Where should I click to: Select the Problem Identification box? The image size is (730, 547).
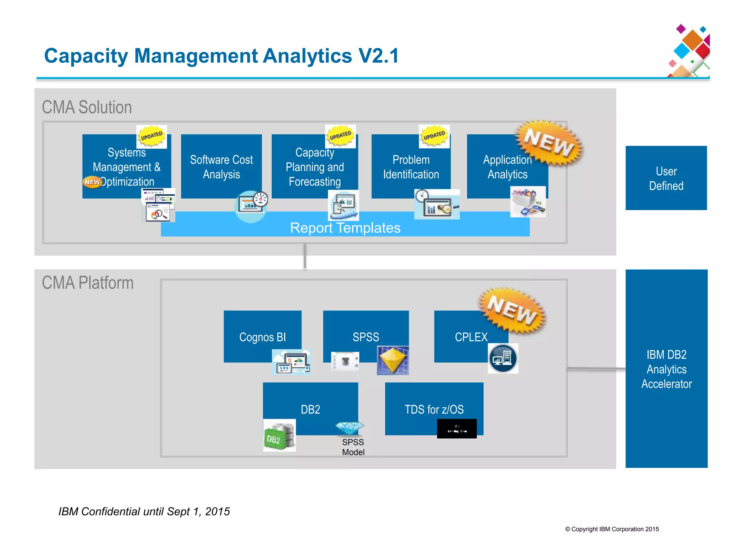[x=411, y=166]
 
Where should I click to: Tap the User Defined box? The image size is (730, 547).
[x=666, y=178]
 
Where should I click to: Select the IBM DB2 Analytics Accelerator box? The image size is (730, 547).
[x=666, y=369]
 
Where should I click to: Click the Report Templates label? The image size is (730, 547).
[x=345, y=228]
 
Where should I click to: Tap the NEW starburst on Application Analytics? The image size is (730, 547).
[x=549, y=143]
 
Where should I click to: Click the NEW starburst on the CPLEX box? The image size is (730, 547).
[x=512, y=310]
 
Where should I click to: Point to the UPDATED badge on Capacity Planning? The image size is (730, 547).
[x=340, y=136]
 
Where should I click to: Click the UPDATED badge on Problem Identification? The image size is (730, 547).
[x=434, y=136]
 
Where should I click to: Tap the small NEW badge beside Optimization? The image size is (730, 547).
[x=92, y=182]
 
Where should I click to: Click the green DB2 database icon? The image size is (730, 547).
[x=279, y=436]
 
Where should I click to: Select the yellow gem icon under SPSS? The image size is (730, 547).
[x=392, y=360]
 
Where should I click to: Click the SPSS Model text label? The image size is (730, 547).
[x=353, y=447]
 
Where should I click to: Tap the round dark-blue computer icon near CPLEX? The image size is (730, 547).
[x=503, y=358]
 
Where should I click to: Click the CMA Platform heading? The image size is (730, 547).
[x=88, y=283]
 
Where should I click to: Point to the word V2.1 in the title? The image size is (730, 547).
[x=379, y=56]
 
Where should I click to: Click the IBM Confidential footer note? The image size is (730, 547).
[x=144, y=511]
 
